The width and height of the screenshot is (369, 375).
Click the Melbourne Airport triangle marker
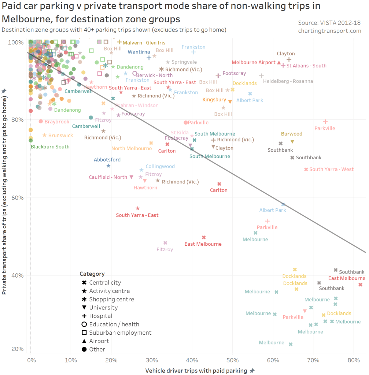(x=279, y=63)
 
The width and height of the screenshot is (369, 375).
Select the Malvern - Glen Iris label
(x=144, y=43)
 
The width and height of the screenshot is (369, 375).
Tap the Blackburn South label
(x=50, y=147)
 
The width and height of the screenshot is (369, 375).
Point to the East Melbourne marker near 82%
(x=360, y=285)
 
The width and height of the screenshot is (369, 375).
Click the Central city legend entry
(x=105, y=283)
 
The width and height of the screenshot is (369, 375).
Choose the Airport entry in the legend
(x=99, y=341)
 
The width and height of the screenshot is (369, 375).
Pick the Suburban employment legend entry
(x=120, y=333)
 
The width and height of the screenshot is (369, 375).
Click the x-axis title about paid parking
(x=196, y=371)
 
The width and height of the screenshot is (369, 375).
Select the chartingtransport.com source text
(x=329, y=31)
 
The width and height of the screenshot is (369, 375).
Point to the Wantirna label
(x=139, y=52)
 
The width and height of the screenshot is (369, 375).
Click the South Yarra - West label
(x=331, y=169)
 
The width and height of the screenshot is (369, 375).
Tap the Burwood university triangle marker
(x=292, y=142)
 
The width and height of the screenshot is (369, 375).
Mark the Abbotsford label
(x=107, y=160)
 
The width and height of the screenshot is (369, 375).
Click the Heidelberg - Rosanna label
(x=288, y=81)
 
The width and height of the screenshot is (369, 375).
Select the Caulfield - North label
(x=108, y=177)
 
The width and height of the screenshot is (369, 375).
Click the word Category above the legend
(x=92, y=274)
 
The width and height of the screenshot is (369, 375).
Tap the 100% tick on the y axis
(x=17, y=42)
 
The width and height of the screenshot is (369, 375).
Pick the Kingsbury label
(x=214, y=100)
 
